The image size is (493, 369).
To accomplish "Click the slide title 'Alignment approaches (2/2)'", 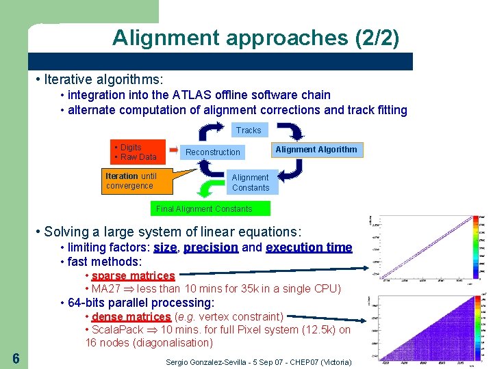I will tap(255, 37).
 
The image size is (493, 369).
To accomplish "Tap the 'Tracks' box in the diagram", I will tap(249, 130).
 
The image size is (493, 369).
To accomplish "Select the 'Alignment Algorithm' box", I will tap(316, 149).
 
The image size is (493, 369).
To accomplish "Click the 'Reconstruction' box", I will tap(213, 152).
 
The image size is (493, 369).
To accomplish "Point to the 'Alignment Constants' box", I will tap(251, 182).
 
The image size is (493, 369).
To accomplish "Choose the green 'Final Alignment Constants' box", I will tap(204, 208).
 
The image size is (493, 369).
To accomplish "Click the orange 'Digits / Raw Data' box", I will tap(138, 152).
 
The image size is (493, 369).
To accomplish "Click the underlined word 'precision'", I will tap(211, 247).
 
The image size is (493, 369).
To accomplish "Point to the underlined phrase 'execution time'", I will tap(309, 247).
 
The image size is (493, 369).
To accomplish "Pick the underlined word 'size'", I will tap(165, 247).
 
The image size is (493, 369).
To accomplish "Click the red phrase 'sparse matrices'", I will tap(134, 275).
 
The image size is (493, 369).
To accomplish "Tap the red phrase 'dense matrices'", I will tap(131, 316).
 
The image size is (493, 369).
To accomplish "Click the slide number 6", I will tap(16, 359).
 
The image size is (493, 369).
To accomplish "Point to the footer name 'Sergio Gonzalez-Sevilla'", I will tap(212, 361).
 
